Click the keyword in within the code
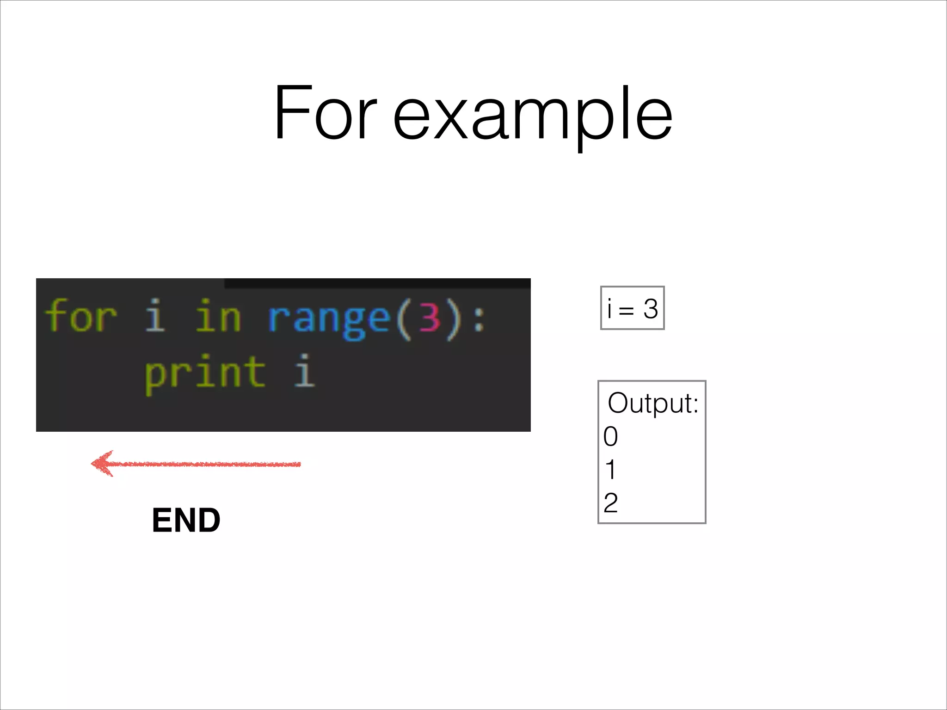click(x=218, y=317)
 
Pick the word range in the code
click(x=329, y=319)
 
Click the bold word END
click(x=186, y=520)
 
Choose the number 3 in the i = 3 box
click(x=650, y=309)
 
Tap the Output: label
click(x=652, y=403)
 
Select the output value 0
click(x=610, y=436)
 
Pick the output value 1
click(x=610, y=470)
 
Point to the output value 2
click(x=610, y=503)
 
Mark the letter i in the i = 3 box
click(x=609, y=309)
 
